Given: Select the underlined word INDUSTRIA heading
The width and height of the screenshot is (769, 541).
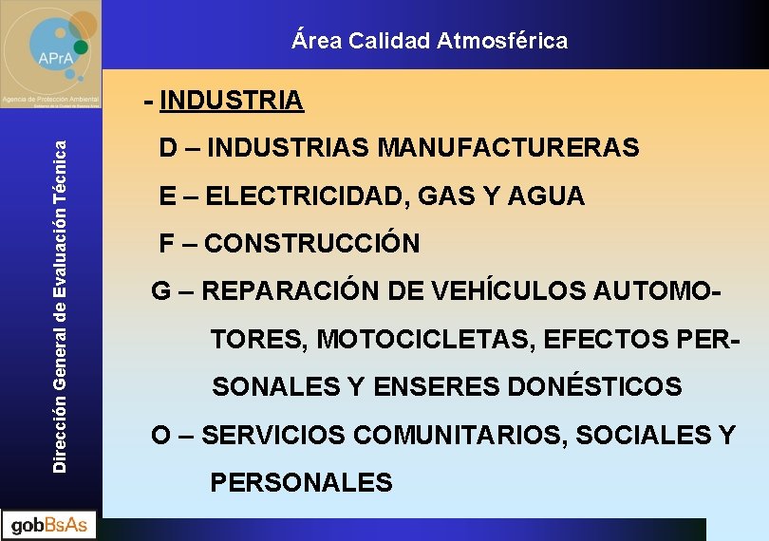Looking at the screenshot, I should (x=233, y=100).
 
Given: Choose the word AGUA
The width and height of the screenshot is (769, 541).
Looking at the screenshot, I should (x=547, y=196).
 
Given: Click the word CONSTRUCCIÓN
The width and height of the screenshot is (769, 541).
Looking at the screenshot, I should (x=312, y=244).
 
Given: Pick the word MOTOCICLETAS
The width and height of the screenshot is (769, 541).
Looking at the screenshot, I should (x=428, y=339).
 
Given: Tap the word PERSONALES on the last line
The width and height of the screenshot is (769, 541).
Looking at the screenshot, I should (x=301, y=483).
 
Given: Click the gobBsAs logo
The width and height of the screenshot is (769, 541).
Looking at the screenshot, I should (x=49, y=525).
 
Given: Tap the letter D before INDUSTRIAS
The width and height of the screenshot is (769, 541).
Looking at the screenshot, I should (x=167, y=148).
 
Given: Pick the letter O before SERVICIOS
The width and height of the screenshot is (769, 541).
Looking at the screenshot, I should (x=160, y=436).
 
